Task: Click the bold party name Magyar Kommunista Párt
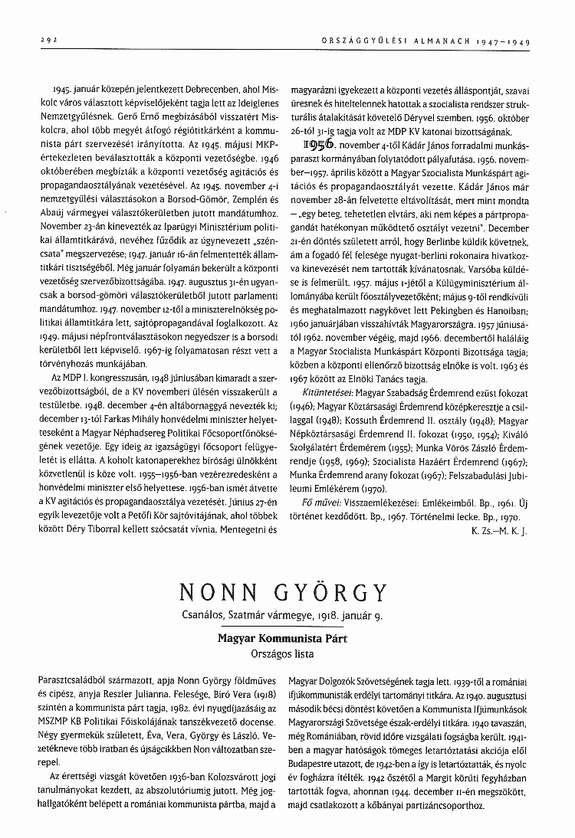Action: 287,637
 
